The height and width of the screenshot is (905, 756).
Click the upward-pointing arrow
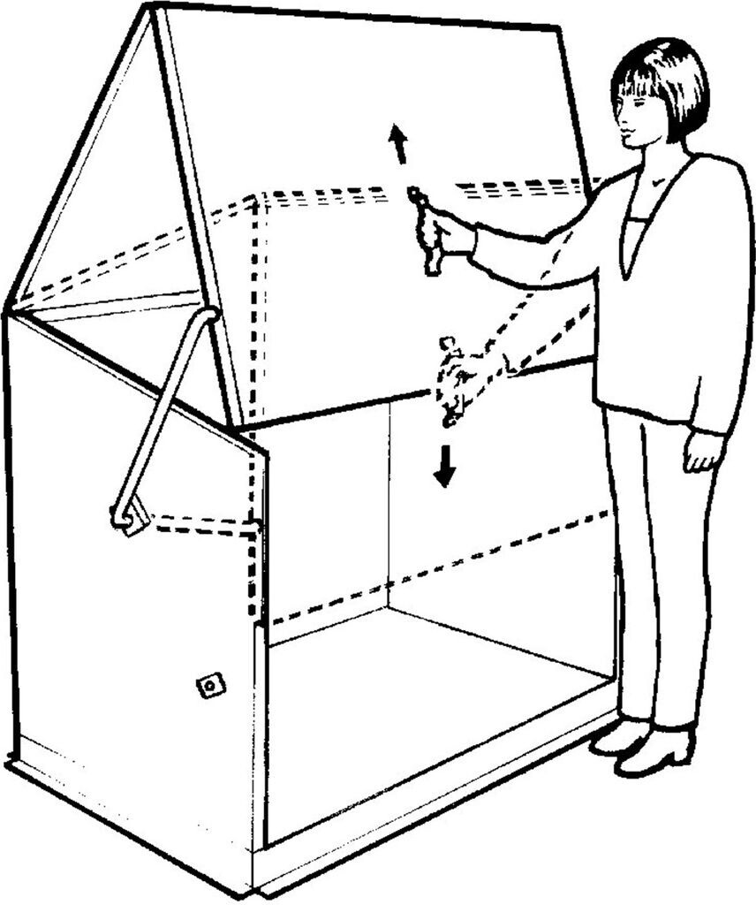pyautogui.click(x=399, y=144)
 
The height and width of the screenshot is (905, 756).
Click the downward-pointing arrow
pyautogui.click(x=444, y=467)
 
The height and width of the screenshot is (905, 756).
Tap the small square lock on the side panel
pyautogui.click(x=210, y=684)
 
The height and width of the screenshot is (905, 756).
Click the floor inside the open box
pyautogui.click(x=424, y=698)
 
